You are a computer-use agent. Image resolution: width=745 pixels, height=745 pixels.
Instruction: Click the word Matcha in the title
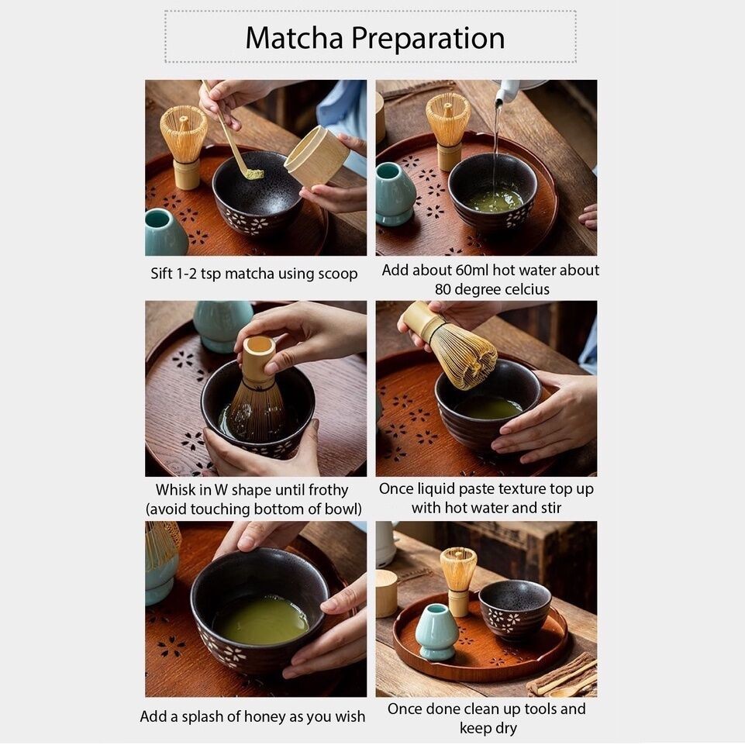click(294, 38)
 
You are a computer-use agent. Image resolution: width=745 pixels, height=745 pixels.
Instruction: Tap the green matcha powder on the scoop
click(255, 174)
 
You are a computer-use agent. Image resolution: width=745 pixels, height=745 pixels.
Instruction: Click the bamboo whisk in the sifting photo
click(184, 145)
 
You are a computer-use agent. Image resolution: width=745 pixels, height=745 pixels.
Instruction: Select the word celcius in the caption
click(526, 289)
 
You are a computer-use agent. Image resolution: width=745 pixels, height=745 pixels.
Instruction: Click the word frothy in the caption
click(329, 490)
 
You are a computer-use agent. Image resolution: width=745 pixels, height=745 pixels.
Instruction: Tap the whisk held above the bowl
click(450, 344)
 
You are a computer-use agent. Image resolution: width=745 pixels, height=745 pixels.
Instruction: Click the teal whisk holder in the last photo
click(436, 632)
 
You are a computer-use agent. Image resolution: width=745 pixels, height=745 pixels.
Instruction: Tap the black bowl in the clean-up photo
click(515, 608)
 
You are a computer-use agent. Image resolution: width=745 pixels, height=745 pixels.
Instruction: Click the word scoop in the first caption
click(338, 274)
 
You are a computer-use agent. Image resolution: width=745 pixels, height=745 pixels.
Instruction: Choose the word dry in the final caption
click(504, 729)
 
